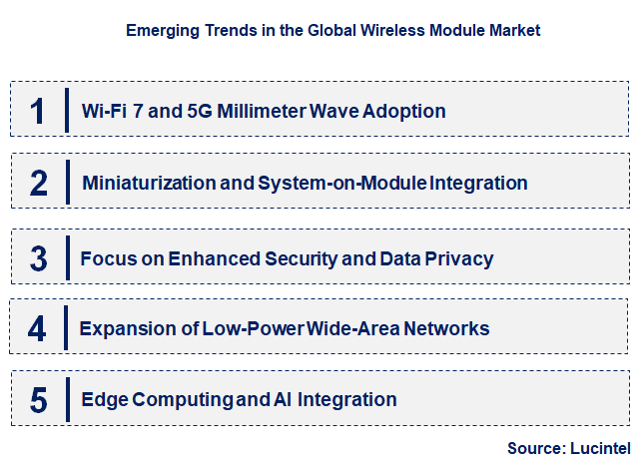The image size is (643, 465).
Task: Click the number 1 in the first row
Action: click(x=38, y=111)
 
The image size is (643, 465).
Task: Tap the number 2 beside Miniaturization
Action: click(x=39, y=184)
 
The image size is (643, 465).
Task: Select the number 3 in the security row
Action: click(x=39, y=259)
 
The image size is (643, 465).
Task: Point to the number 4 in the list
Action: click(x=38, y=329)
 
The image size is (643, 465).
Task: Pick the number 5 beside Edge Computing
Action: click(x=38, y=401)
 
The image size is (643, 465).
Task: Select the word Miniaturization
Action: click(x=149, y=184)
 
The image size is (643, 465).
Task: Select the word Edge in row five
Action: click(x=103, y=401)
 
